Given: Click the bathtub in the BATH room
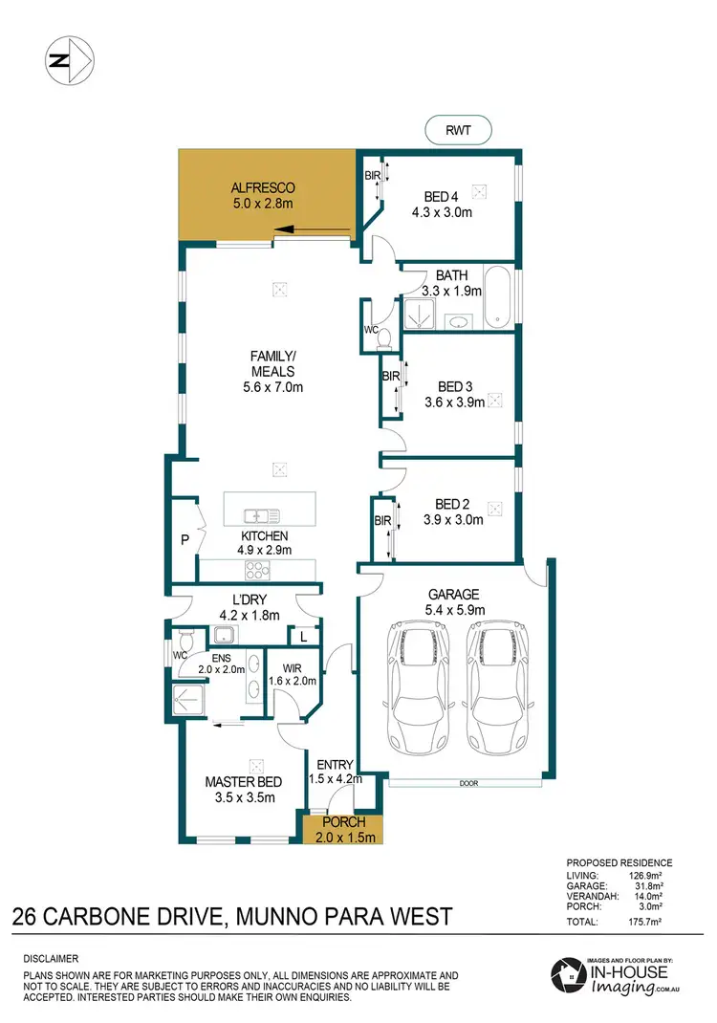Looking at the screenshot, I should tap(497, 296).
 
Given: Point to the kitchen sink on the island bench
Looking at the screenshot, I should tap(258, 516).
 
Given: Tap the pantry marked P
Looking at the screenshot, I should tap(185, 540).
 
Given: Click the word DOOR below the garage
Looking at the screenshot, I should tap(468, 783).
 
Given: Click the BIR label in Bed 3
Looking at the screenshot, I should tap(390, 377).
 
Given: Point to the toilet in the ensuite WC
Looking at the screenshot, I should tap(184, 638).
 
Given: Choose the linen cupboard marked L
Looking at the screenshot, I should tap(303, 636).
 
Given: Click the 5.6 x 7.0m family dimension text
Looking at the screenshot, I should tap(272, 387).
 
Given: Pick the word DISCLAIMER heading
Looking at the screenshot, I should tap(52, 958).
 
